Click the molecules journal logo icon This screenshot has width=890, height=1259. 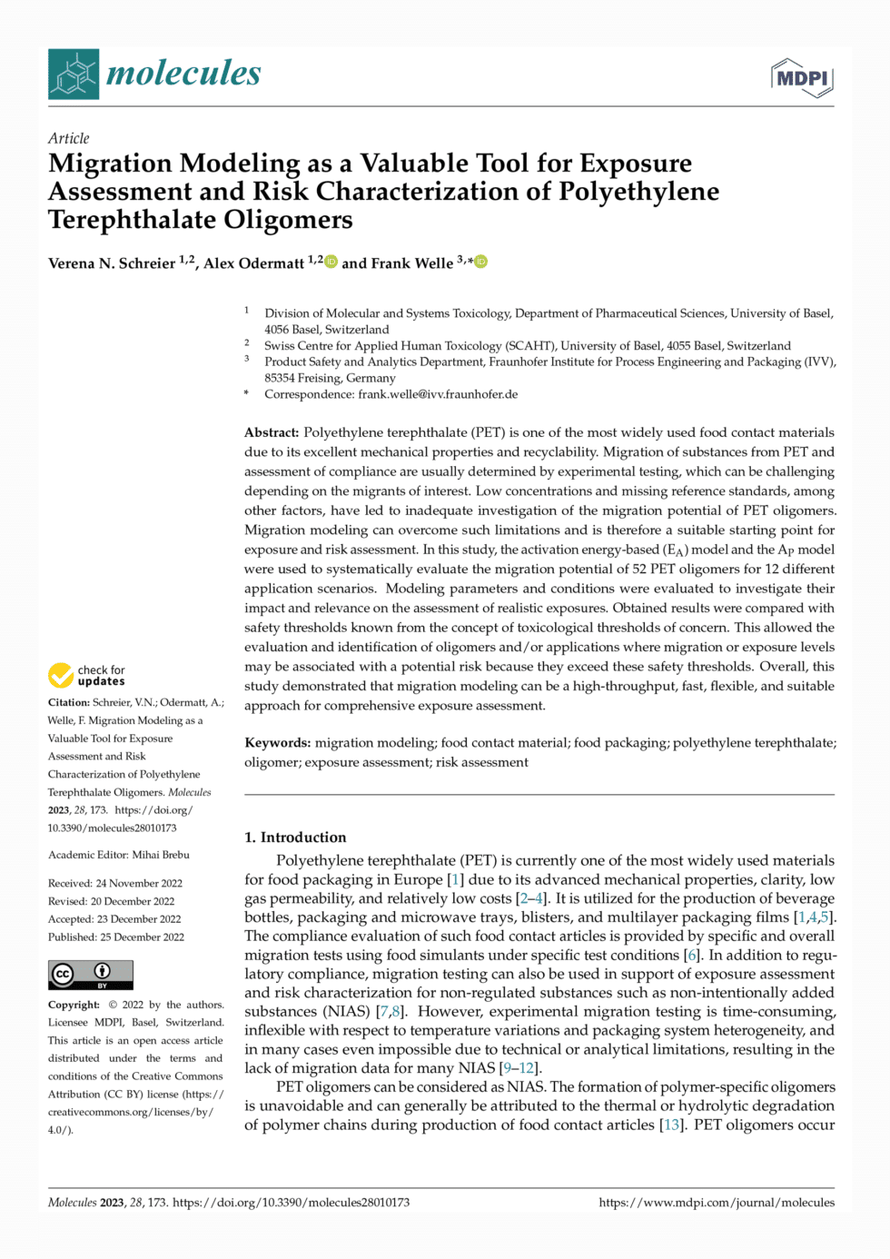74,74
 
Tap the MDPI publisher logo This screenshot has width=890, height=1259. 802,78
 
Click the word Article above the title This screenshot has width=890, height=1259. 69,138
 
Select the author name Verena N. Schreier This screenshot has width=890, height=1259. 112,263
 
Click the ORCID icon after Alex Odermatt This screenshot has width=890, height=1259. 331,262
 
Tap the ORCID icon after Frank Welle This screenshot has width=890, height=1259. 481,262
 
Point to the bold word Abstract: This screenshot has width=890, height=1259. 272,432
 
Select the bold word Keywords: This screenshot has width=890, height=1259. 277,743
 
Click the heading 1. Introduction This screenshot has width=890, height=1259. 295,838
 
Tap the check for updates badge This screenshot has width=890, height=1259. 87,675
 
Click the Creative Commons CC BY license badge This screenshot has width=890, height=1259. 91,975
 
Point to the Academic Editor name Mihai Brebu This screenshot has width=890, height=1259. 161,855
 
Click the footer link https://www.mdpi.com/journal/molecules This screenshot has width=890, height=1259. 717,1203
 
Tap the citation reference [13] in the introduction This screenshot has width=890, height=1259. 672,1125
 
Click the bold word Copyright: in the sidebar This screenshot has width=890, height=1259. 74,1005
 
